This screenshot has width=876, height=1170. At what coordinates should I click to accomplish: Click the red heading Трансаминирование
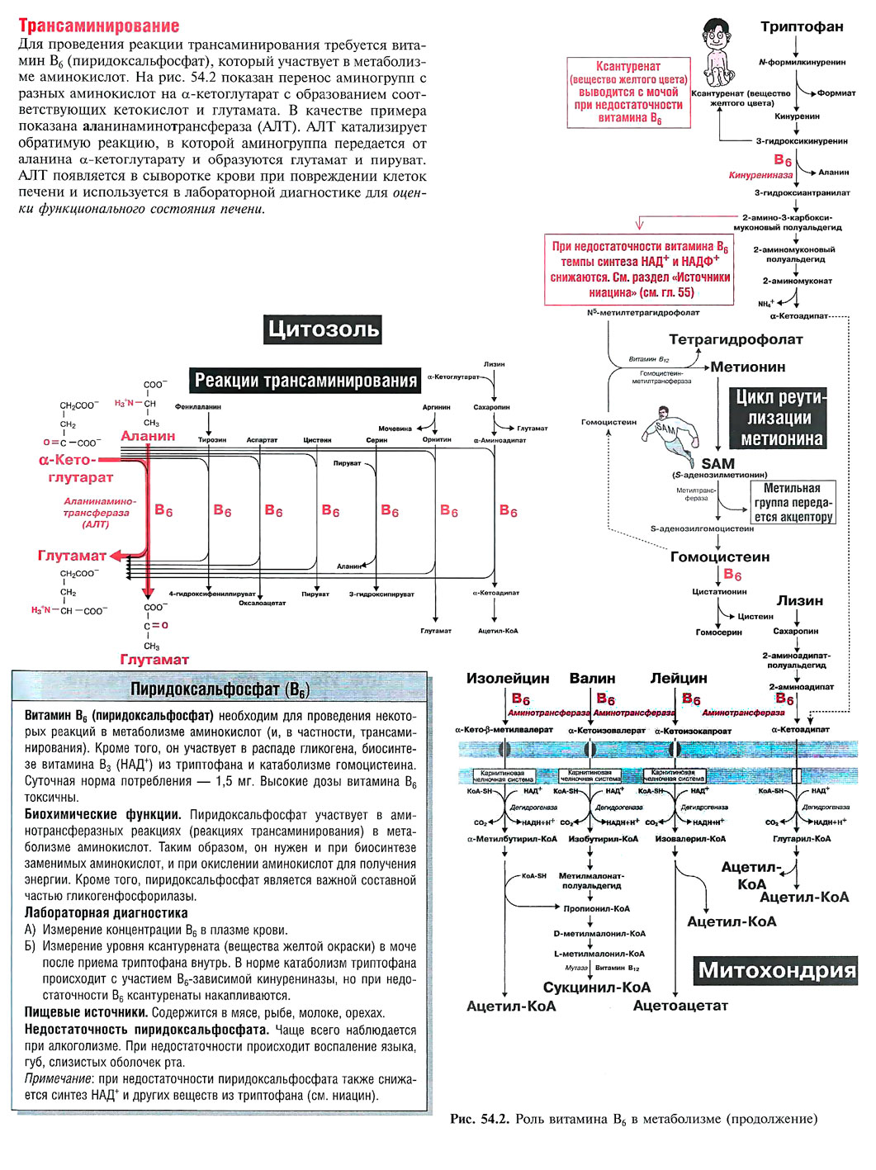click(x=98, y=26)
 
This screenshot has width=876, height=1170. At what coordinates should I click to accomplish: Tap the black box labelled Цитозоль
click(x=324, y=329)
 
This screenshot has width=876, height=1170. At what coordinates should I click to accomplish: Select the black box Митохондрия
click(x=776, y=970)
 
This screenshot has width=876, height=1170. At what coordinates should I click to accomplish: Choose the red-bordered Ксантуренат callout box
click(x=628, y=92)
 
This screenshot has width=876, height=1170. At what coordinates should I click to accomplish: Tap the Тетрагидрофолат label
click(x=735, y=339)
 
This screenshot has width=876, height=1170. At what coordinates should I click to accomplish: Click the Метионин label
click(x=748, y=367)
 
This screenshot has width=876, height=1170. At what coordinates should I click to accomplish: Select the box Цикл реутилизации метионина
click(x=780, y=418)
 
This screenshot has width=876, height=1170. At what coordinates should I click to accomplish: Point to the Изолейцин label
click(x=508, y=678)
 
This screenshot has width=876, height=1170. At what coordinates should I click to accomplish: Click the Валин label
click(x=592, y=678)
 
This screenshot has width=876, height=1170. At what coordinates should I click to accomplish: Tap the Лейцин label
click(x=679, y=678)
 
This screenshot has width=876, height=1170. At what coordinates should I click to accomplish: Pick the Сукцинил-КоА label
click(x=596, y=987)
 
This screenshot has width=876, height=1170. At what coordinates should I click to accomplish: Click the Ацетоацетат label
click(x=680, y=1006)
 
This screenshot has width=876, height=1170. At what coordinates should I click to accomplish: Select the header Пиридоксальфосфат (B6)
click(x=220, y=689)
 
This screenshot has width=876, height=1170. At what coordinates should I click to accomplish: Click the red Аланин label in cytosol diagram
click(x=148, y=436)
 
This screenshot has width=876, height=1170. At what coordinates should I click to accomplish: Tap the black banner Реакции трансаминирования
click(x=305, y=381)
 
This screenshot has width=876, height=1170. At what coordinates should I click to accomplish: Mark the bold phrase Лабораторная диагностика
click(x=106, y=913)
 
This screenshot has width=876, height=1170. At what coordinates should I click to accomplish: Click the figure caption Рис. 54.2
click(x=633, y=1119)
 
